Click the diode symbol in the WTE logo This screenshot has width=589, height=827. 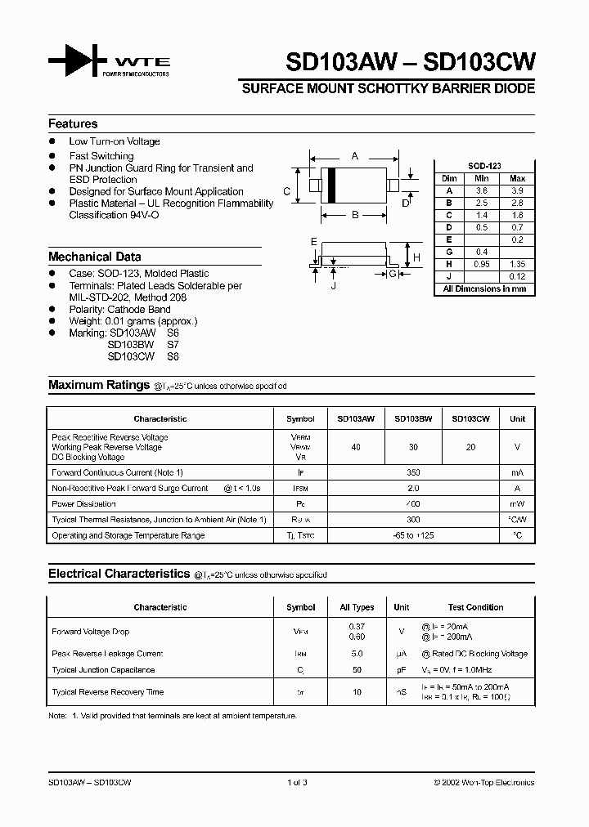click(x=78, y=62)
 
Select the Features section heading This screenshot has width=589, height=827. click(x=73, y=123)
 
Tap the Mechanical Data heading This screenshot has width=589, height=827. click(x=94, y=256)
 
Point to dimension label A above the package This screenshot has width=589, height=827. click(x=354, y=155)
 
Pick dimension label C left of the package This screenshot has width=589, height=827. click(x=287, y=191)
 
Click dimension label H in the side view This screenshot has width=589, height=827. click(x=416, y=257)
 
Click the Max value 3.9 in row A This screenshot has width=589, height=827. click(x=517, y=190)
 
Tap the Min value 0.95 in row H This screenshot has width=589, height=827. click(x=482, y=265)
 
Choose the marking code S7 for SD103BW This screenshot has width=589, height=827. click(x=173, y=345)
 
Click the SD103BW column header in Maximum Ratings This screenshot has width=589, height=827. click(x=413, y=418)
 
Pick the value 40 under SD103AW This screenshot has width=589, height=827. click(x=356, y=446)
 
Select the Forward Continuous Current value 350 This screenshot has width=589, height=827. click(x=413, y=472)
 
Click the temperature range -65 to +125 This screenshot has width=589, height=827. click(x=413, y=535)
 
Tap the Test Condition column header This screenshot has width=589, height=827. click(x=475, y=607)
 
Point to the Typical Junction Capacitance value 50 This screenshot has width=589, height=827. click(x=357, y=669)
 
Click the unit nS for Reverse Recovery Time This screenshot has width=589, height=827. click(x=402, y=692)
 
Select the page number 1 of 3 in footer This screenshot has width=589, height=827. click(x=297, y=782)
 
